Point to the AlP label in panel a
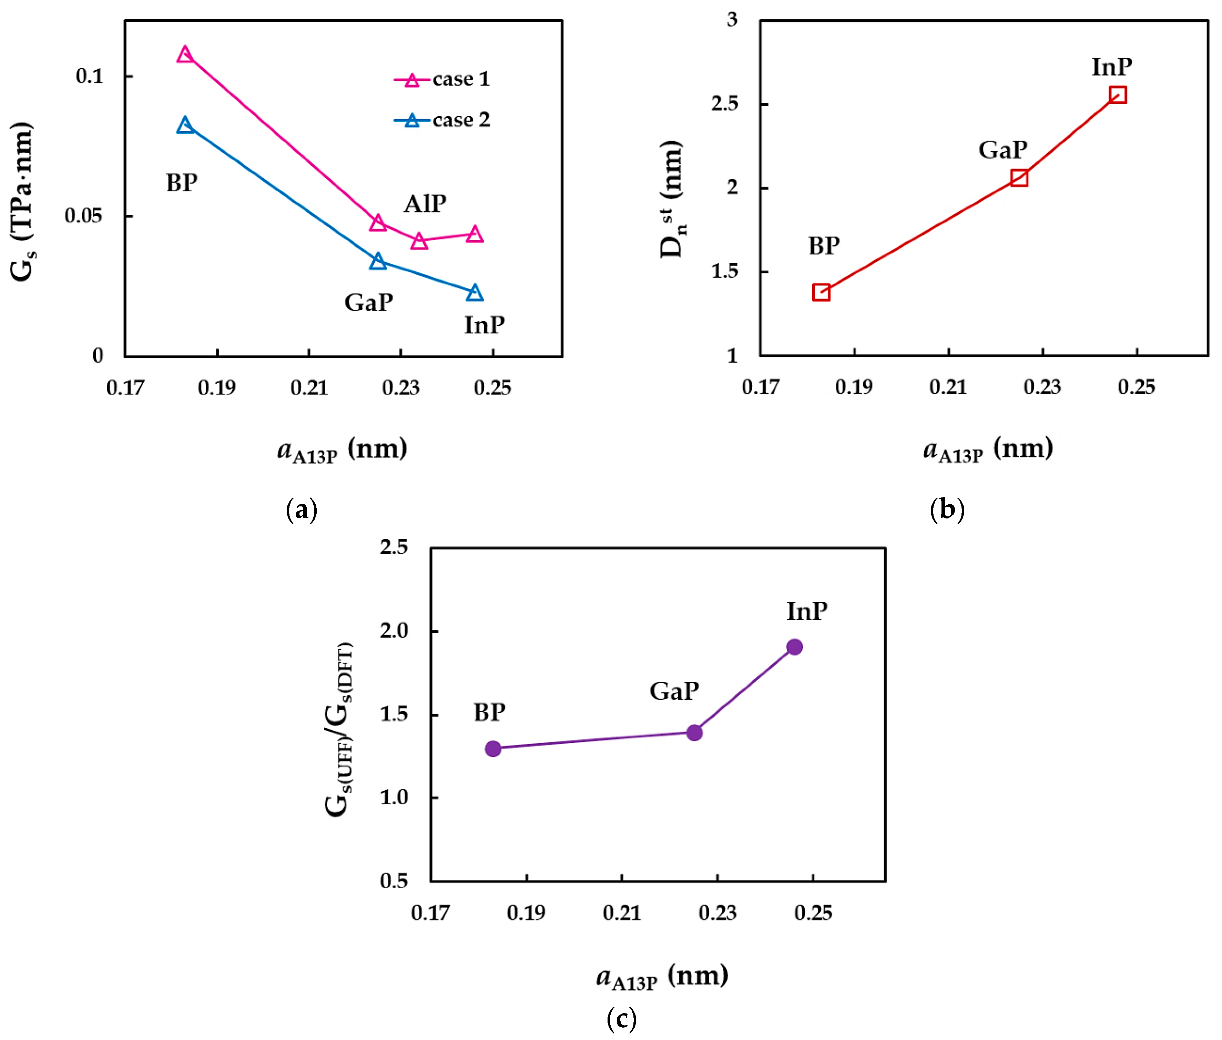[x=425, y=204]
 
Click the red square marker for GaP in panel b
[x=1019, y=178]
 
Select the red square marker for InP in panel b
[x=1117, y=95]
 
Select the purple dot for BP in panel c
[x=493, y=749]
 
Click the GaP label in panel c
[x=674, y=691]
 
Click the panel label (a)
[x=301, y=509]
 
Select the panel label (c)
[x=621, y=1018]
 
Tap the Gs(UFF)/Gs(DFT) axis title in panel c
[x=339, y=729]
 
